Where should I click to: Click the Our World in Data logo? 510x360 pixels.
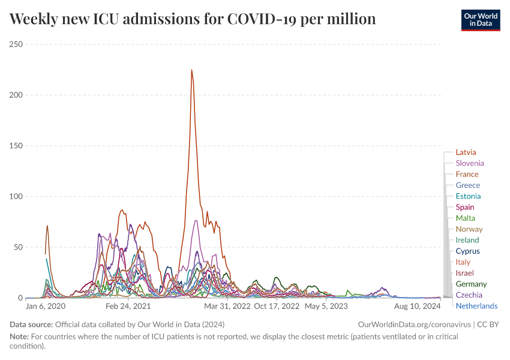[x=481, y=20]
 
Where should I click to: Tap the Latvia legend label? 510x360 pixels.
[x=466, y=152]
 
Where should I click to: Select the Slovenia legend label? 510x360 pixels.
[x=469, y=163]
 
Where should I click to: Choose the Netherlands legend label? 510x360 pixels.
[x=476, y=306]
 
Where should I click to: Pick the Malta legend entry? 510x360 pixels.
[x=465, y=218]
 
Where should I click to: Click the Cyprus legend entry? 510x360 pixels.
[x=467, y=251]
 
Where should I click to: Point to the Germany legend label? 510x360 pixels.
[x=471, y=284]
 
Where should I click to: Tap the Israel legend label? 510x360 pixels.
[x=464, y=273]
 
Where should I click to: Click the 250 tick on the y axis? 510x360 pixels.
[x=16, y=44]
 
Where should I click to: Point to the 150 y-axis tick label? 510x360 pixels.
[x=16, y=146]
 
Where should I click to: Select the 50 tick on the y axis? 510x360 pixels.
[x=18, y=247]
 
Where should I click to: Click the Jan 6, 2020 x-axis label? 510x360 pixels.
[x=46, y=306]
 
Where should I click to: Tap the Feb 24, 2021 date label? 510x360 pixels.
[x=128, y=306]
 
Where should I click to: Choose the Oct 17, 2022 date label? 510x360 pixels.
[x=277, y=306]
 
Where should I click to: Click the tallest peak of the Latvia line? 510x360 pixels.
[x=191, y=70]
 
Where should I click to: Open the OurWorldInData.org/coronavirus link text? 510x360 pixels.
[x=415, y=324]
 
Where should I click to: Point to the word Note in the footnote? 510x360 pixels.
[x=19, y=337]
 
